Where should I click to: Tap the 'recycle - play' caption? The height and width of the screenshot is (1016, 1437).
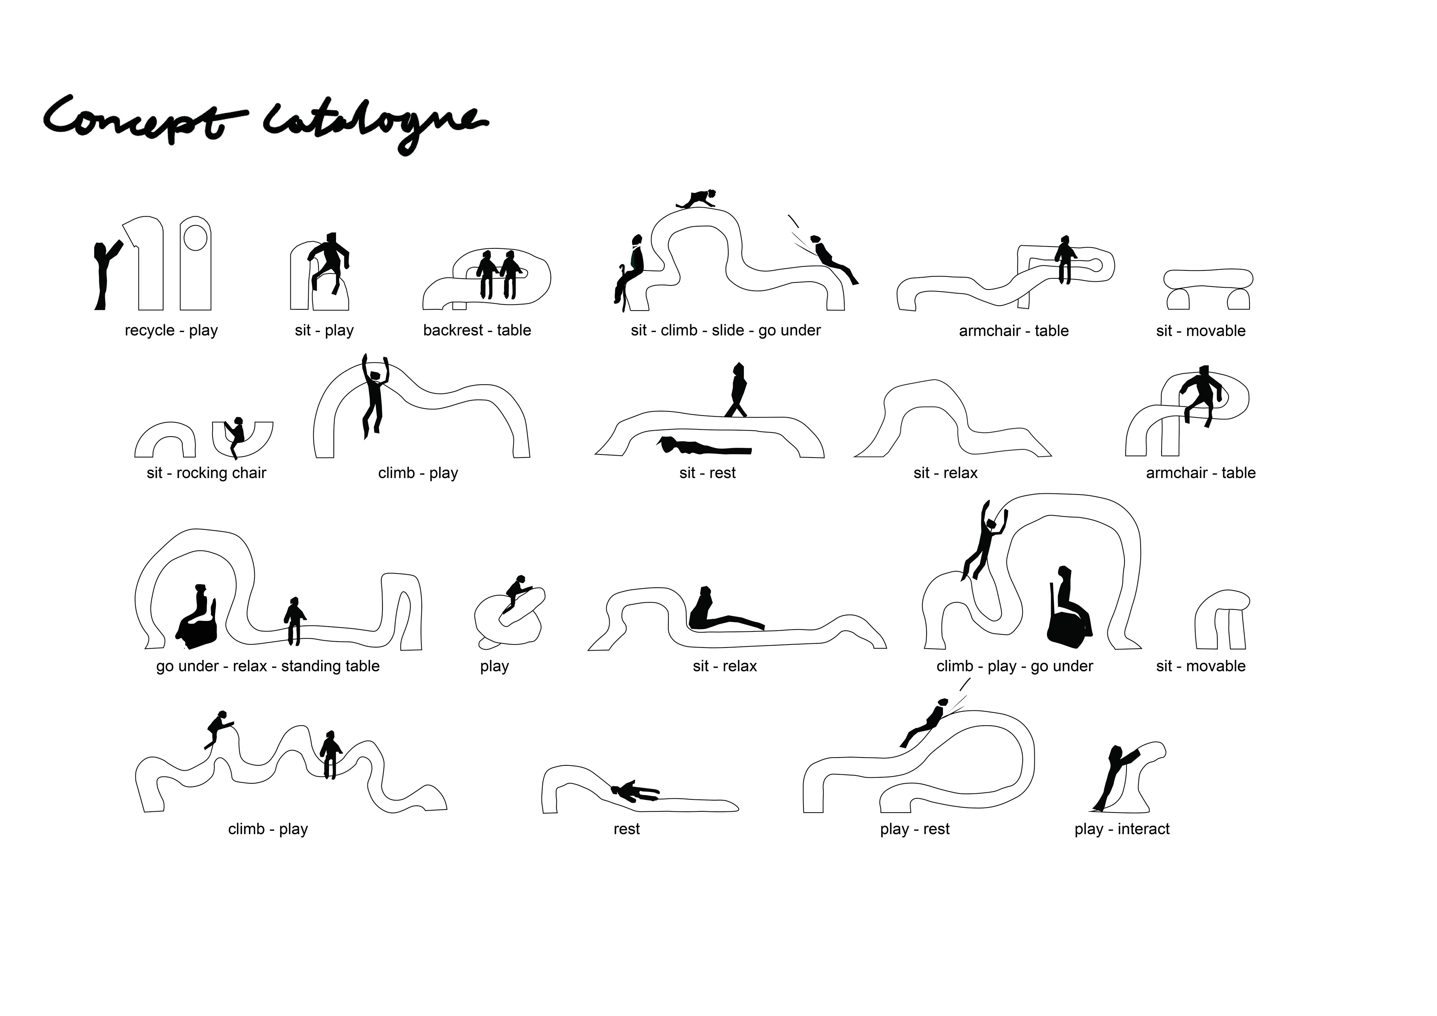(x=171, y=330)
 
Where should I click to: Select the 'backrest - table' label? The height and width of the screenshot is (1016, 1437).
(x=477, y=330)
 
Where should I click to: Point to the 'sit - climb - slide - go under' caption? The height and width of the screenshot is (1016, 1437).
(x=725, y=330)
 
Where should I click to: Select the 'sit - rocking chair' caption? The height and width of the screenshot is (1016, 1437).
(x=207, y=473)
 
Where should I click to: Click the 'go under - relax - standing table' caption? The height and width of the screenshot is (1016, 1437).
(x=268, y=666)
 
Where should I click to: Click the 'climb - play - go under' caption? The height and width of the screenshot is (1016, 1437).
(x=1015, y=666)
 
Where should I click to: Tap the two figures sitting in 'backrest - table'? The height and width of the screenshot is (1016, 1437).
(x=499, y=273)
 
